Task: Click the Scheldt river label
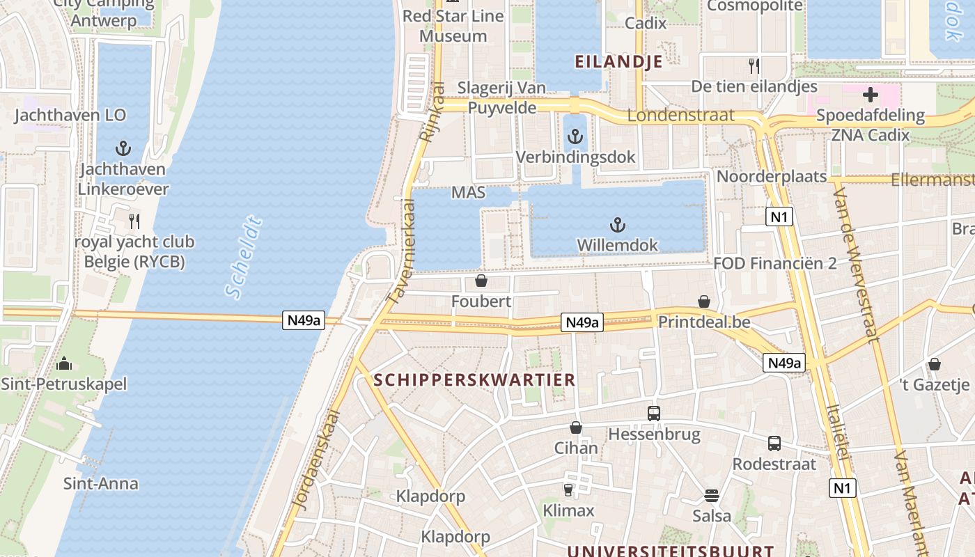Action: point(244,258)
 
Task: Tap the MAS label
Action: point(468,192)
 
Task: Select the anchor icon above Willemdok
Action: point(617,225)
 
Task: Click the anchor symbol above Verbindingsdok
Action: point(575,137)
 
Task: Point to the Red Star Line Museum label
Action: point(453,26)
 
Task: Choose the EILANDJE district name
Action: point(618,61)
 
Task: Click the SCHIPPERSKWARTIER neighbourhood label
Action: point(474,380)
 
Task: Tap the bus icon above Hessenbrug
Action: point(653,413)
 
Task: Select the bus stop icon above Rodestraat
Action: point(774,444)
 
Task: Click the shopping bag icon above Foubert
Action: point(481,281)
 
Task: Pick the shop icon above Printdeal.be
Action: point(704,302)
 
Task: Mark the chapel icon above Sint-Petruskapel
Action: point(63,363)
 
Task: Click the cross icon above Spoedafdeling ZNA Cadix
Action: point(870,95)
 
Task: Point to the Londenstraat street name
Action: point(680,116)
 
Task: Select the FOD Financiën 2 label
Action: point(774,264)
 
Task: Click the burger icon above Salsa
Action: point(711,496)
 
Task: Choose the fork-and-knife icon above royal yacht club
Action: point(134,221)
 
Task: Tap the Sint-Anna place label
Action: point(101,483)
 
